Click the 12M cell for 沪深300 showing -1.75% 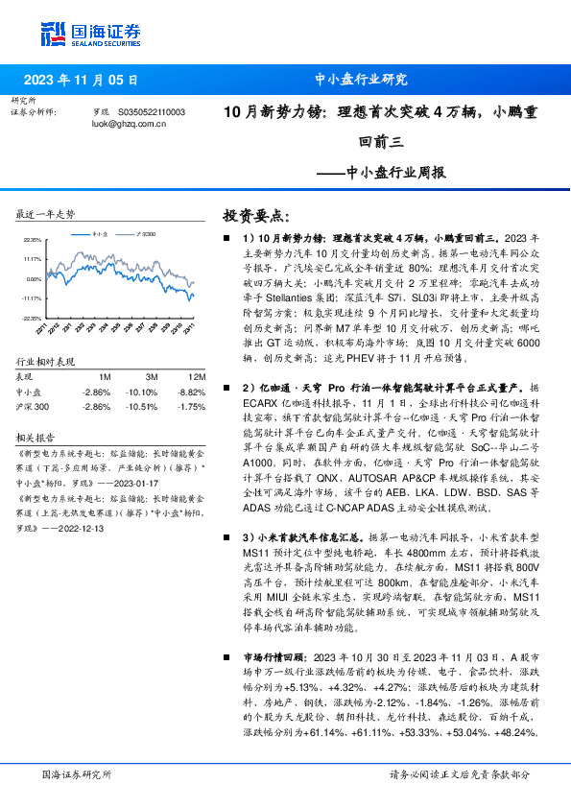click(194, 406)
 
